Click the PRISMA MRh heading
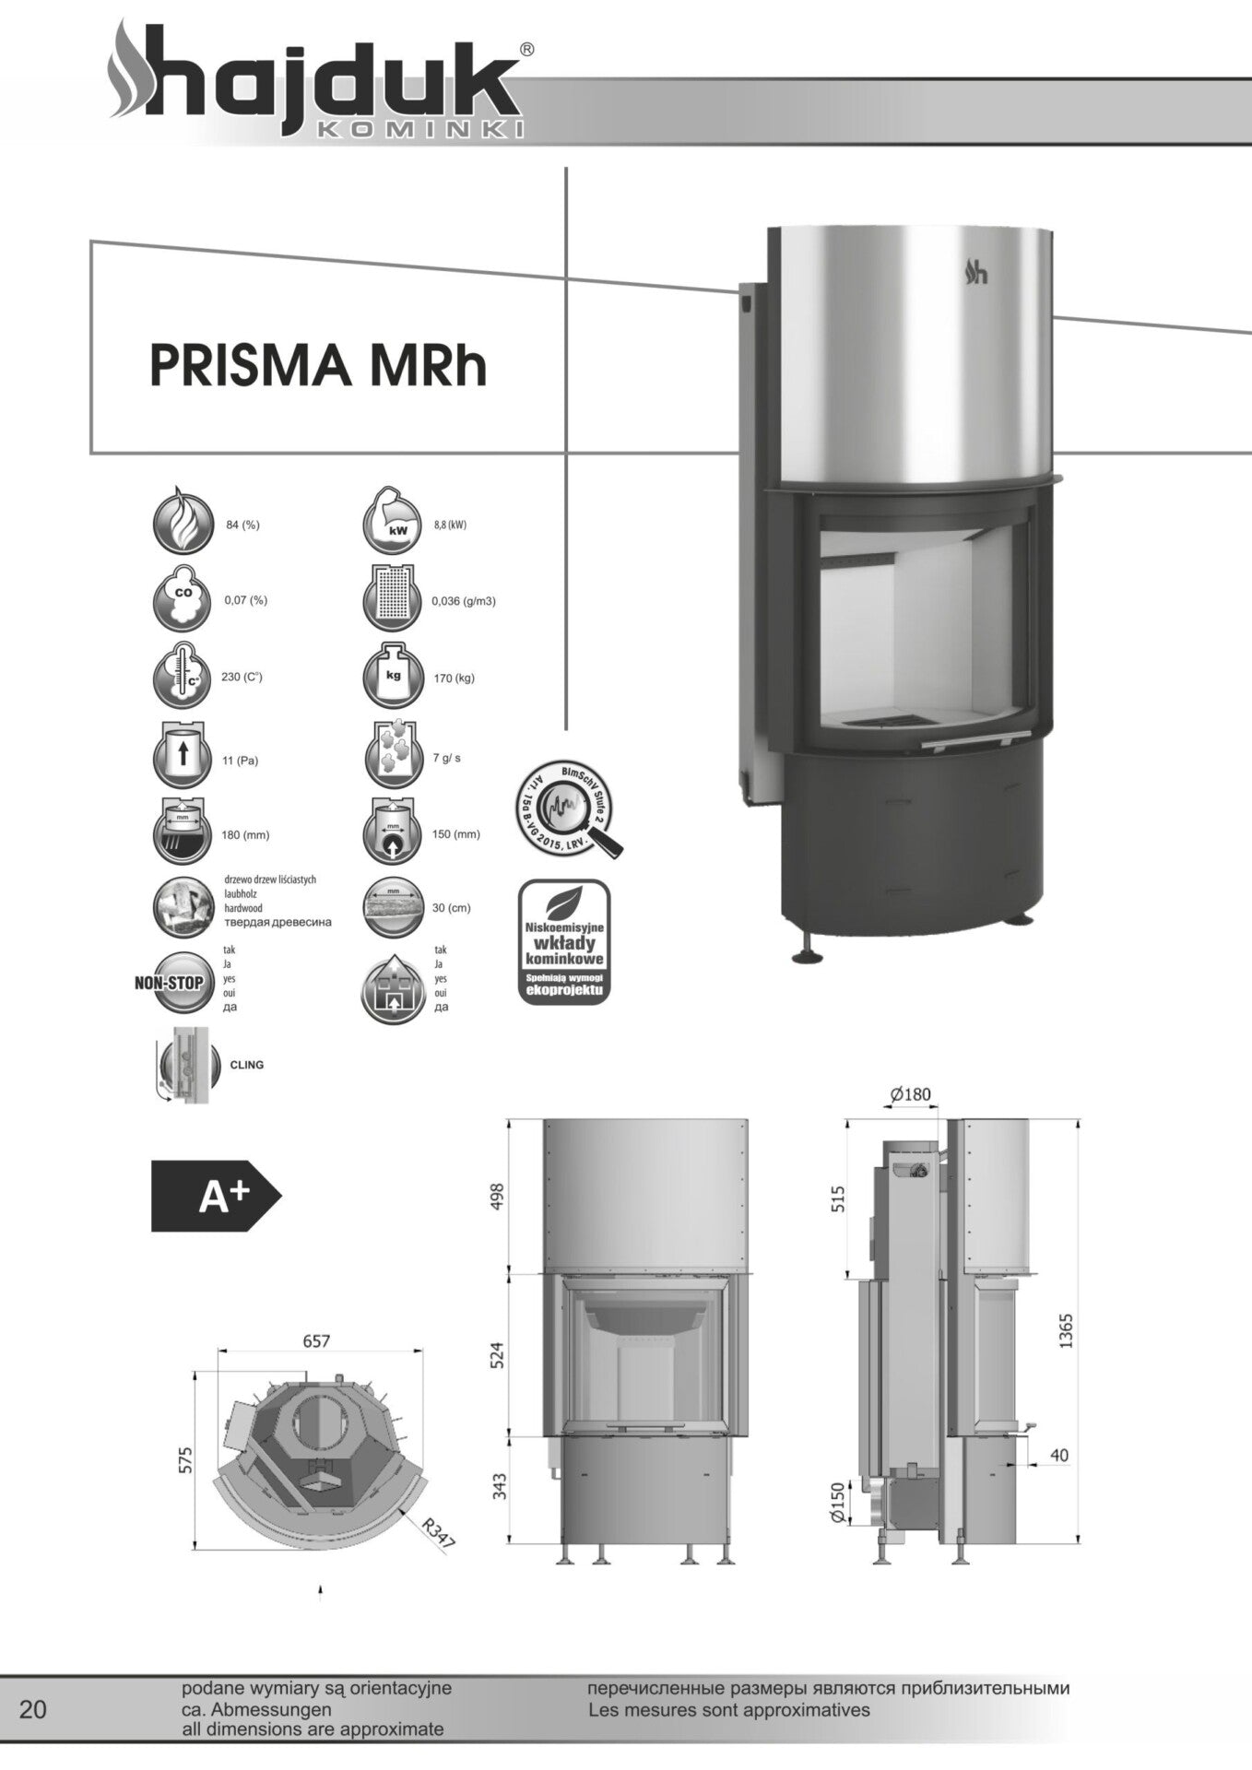318,366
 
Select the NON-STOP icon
170,983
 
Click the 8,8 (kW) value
449,525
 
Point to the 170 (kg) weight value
454,678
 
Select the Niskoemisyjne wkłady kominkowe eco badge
563,942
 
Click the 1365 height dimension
1066,1331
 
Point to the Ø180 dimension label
910,1095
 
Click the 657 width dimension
316,1341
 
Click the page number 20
32,1710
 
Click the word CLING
246,1065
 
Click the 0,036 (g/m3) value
464,601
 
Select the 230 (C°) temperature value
242,678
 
